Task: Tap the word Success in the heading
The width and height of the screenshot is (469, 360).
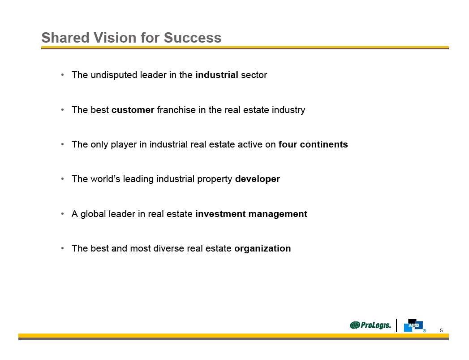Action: point(193,38)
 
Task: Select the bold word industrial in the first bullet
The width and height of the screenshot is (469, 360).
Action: point(217,75)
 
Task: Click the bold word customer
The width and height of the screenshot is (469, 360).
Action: point(133,110)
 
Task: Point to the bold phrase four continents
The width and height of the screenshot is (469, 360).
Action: point(313,144)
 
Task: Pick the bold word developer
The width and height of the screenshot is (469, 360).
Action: point(258,179)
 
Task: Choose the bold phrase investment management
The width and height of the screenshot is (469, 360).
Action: point(251,214)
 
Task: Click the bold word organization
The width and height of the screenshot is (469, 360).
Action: point(262,248)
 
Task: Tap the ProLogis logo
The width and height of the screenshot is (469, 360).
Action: point(370,325)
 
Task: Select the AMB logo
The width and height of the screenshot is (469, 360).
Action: point(414,325)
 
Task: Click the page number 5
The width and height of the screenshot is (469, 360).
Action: point(441,330)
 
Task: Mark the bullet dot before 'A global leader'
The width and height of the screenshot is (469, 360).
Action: point(63,214)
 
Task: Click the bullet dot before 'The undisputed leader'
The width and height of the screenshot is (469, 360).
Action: point(63,75)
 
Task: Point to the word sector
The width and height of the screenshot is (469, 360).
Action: point(254,75)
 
